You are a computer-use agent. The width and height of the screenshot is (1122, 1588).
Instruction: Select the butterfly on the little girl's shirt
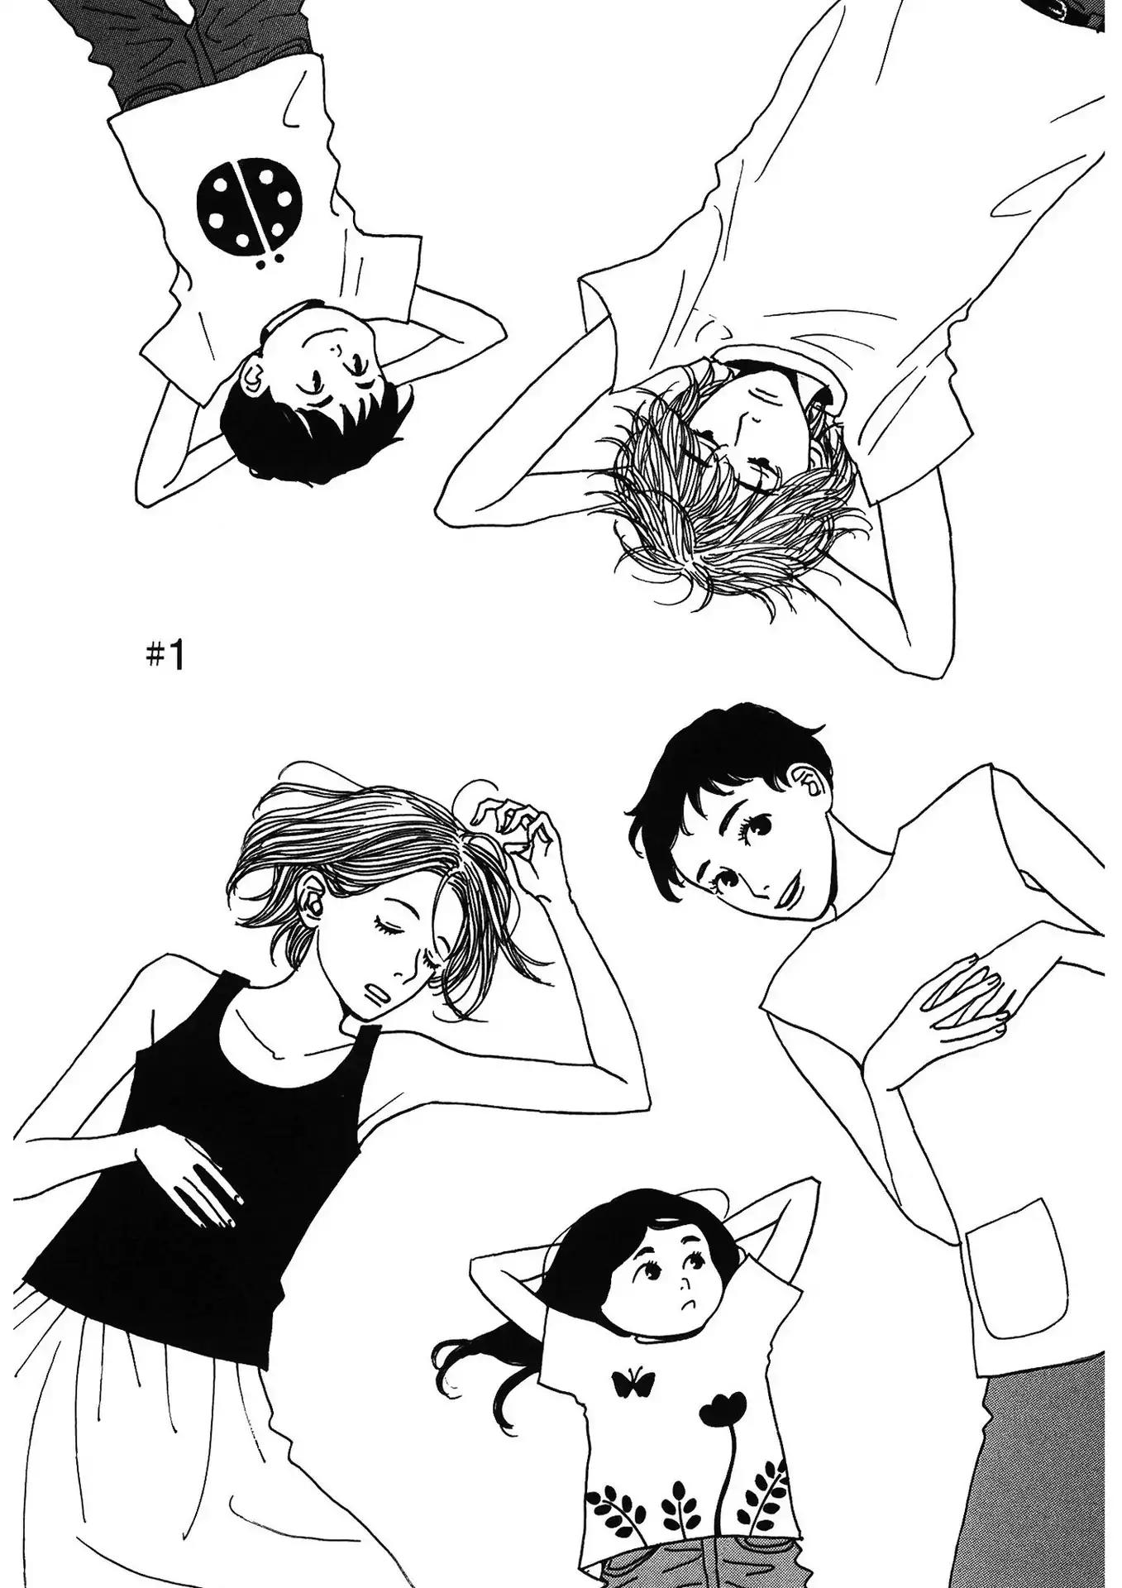(x=633, y=1380)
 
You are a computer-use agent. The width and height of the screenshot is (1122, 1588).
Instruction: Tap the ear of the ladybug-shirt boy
(x=253, y=380)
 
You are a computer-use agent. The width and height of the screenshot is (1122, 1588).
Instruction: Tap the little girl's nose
(x=685, y=1286)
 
